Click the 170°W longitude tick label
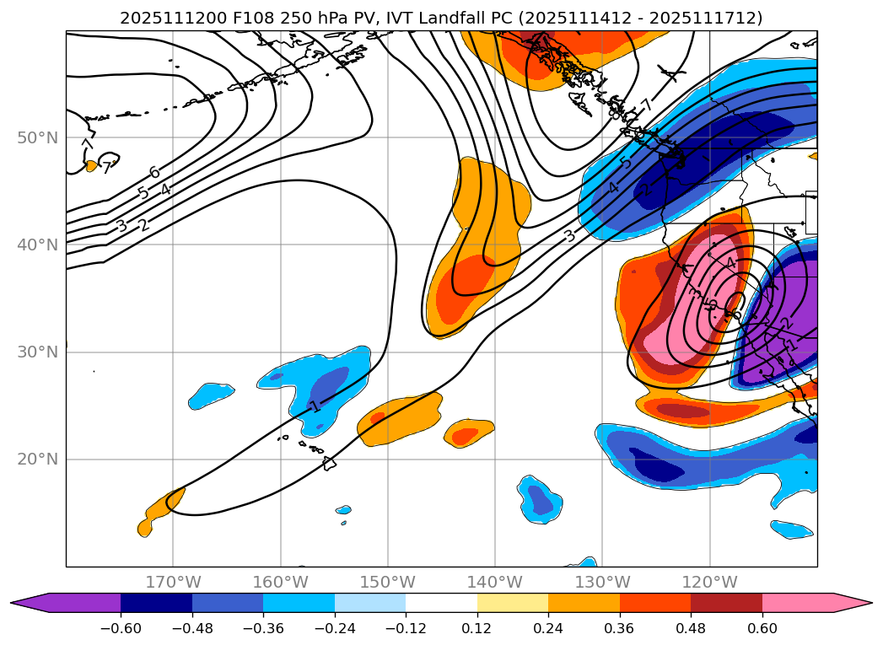tap(173, 583)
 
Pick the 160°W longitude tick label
tap(280, 583)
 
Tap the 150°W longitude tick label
tap(387, 583)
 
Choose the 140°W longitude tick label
tap(494, 583)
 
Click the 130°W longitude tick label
tap(601, 583)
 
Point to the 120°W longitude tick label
tap(708, 583)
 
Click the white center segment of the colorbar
tap(441, 603)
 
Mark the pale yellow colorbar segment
tap(513, 603)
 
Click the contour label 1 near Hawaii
tap(315, 406)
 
